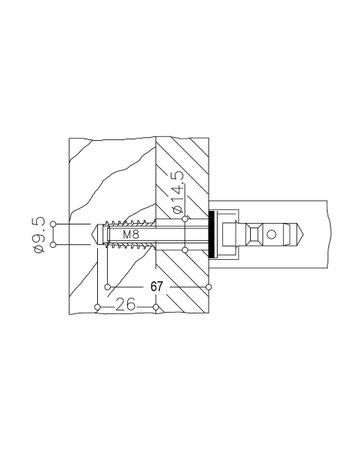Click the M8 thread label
(x=131, y=234)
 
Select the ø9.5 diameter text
(x=39, y=235)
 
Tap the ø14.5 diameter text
(x=177, y=192)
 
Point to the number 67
(x=156, y=287)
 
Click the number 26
(x=126, y=304)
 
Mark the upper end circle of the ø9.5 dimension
(x=53, y=224)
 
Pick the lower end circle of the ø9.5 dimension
(x=53, y=245)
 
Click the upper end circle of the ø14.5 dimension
(x=185, y=219)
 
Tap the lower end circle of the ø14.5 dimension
(x=185, y=250)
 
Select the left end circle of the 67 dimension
(x=107, y=287)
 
